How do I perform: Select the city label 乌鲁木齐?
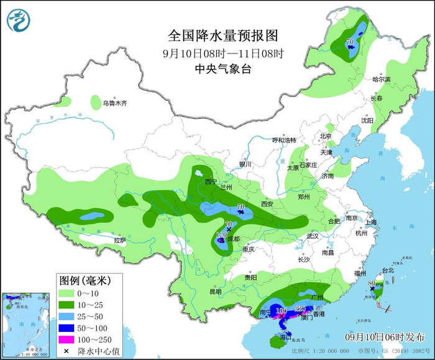tap(115, 103)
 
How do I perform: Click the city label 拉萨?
tap(119, 240)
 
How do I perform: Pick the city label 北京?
tap(326, 136)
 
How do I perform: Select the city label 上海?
tap(372, 222)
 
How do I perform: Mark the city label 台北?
tap(388, 270)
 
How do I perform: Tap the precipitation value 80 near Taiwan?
tap(371, 284)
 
